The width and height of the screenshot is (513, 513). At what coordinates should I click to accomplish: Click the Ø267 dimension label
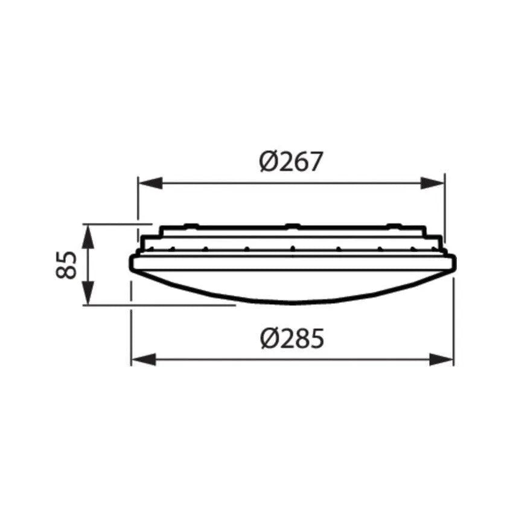[x=292, y=162]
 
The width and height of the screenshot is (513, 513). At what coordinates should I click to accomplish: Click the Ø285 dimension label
[x=292, y=340]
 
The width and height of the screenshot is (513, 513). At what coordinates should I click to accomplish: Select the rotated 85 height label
[x=68, y=264]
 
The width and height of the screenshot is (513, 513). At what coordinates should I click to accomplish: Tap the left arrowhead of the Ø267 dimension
[x=147, y=183]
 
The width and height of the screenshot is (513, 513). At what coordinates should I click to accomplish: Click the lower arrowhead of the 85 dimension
[x=88, y=296]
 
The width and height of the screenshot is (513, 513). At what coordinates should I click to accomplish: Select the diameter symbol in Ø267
[x=269, y=162]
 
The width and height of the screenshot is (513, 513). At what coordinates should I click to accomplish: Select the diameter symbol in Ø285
[x=269, y=340]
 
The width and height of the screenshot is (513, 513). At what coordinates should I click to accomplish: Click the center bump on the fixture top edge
[x=292, y=226]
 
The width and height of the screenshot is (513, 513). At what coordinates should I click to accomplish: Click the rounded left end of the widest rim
[x=132, y=263]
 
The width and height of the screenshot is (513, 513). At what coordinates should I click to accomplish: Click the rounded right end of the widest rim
[x=454, y=263]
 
